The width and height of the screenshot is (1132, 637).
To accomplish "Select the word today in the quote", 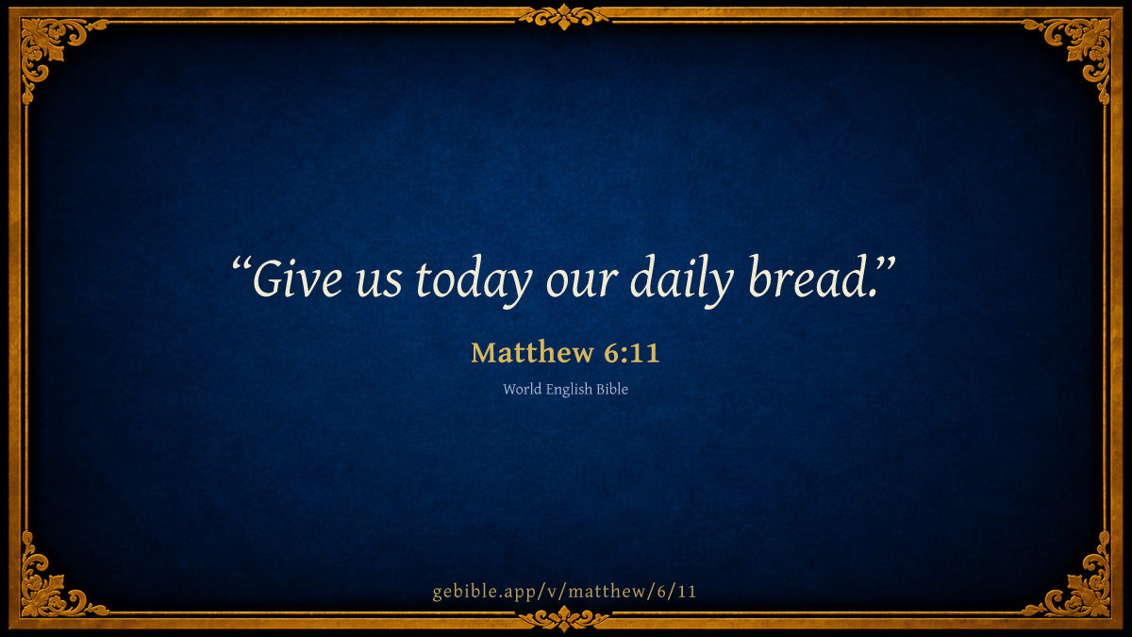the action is click(x=474, y=281).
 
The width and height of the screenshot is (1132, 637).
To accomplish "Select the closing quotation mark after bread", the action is click(x=886, y=263).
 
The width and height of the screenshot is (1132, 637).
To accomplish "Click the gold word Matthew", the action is click(x=532, y=352).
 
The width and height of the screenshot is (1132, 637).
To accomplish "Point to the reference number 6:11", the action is click(x=632, y=353).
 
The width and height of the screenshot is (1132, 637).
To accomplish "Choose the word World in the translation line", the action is click(x=522, y=389).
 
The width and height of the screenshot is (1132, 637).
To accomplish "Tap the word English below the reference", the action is click(x=569, y=390).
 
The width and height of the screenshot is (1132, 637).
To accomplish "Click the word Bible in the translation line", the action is click(x=612, y=389).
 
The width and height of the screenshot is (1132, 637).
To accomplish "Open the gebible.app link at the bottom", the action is click(x=564, y=592).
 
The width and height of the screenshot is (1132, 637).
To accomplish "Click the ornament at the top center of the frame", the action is click(x=564, y=17).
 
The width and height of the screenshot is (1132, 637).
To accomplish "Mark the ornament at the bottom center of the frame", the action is click(x=564, y=618).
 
